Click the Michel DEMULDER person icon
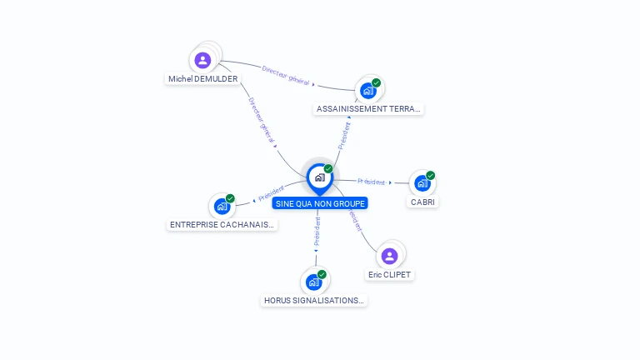coord(202,60)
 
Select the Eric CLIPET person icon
coord(389,256)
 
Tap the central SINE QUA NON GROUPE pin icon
coord(319,177)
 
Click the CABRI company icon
coord(422,183)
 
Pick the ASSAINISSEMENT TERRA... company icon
coord(367,91)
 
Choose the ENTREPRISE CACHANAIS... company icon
coord(222,206)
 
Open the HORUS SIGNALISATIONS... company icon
coord(313,282)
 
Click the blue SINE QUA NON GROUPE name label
coord(320,203)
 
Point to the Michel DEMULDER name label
coord(202,79)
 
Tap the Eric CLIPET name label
coord(389,275)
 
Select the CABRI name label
coord(422,202)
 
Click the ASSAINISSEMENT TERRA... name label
coord(369,109)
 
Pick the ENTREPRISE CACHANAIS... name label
coord(222,225)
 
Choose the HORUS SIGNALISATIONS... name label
coord(314,301)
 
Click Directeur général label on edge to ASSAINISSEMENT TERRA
coord(285,76)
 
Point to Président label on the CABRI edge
coord(372,182)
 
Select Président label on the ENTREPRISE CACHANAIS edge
coord(272,195)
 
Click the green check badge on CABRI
coord(431,175)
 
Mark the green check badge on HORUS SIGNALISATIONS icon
coord(322,274)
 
